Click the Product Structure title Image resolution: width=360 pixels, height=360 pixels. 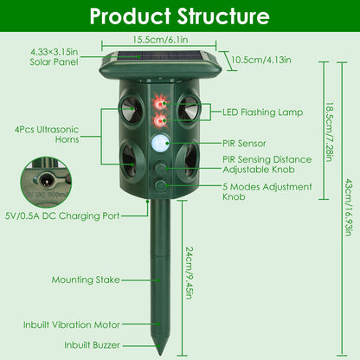(x=179, y=16)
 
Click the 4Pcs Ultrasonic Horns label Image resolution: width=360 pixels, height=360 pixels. (x=47, y=133)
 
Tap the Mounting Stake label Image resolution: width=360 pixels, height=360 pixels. (x=85, y=280)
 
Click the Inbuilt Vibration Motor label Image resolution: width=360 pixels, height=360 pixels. (x=73, y=326)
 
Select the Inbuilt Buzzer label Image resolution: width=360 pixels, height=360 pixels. (x=93, y=344)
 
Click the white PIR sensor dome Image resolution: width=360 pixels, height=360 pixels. (x=158, y=144)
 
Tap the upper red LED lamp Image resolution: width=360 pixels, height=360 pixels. (x=158, y=103)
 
